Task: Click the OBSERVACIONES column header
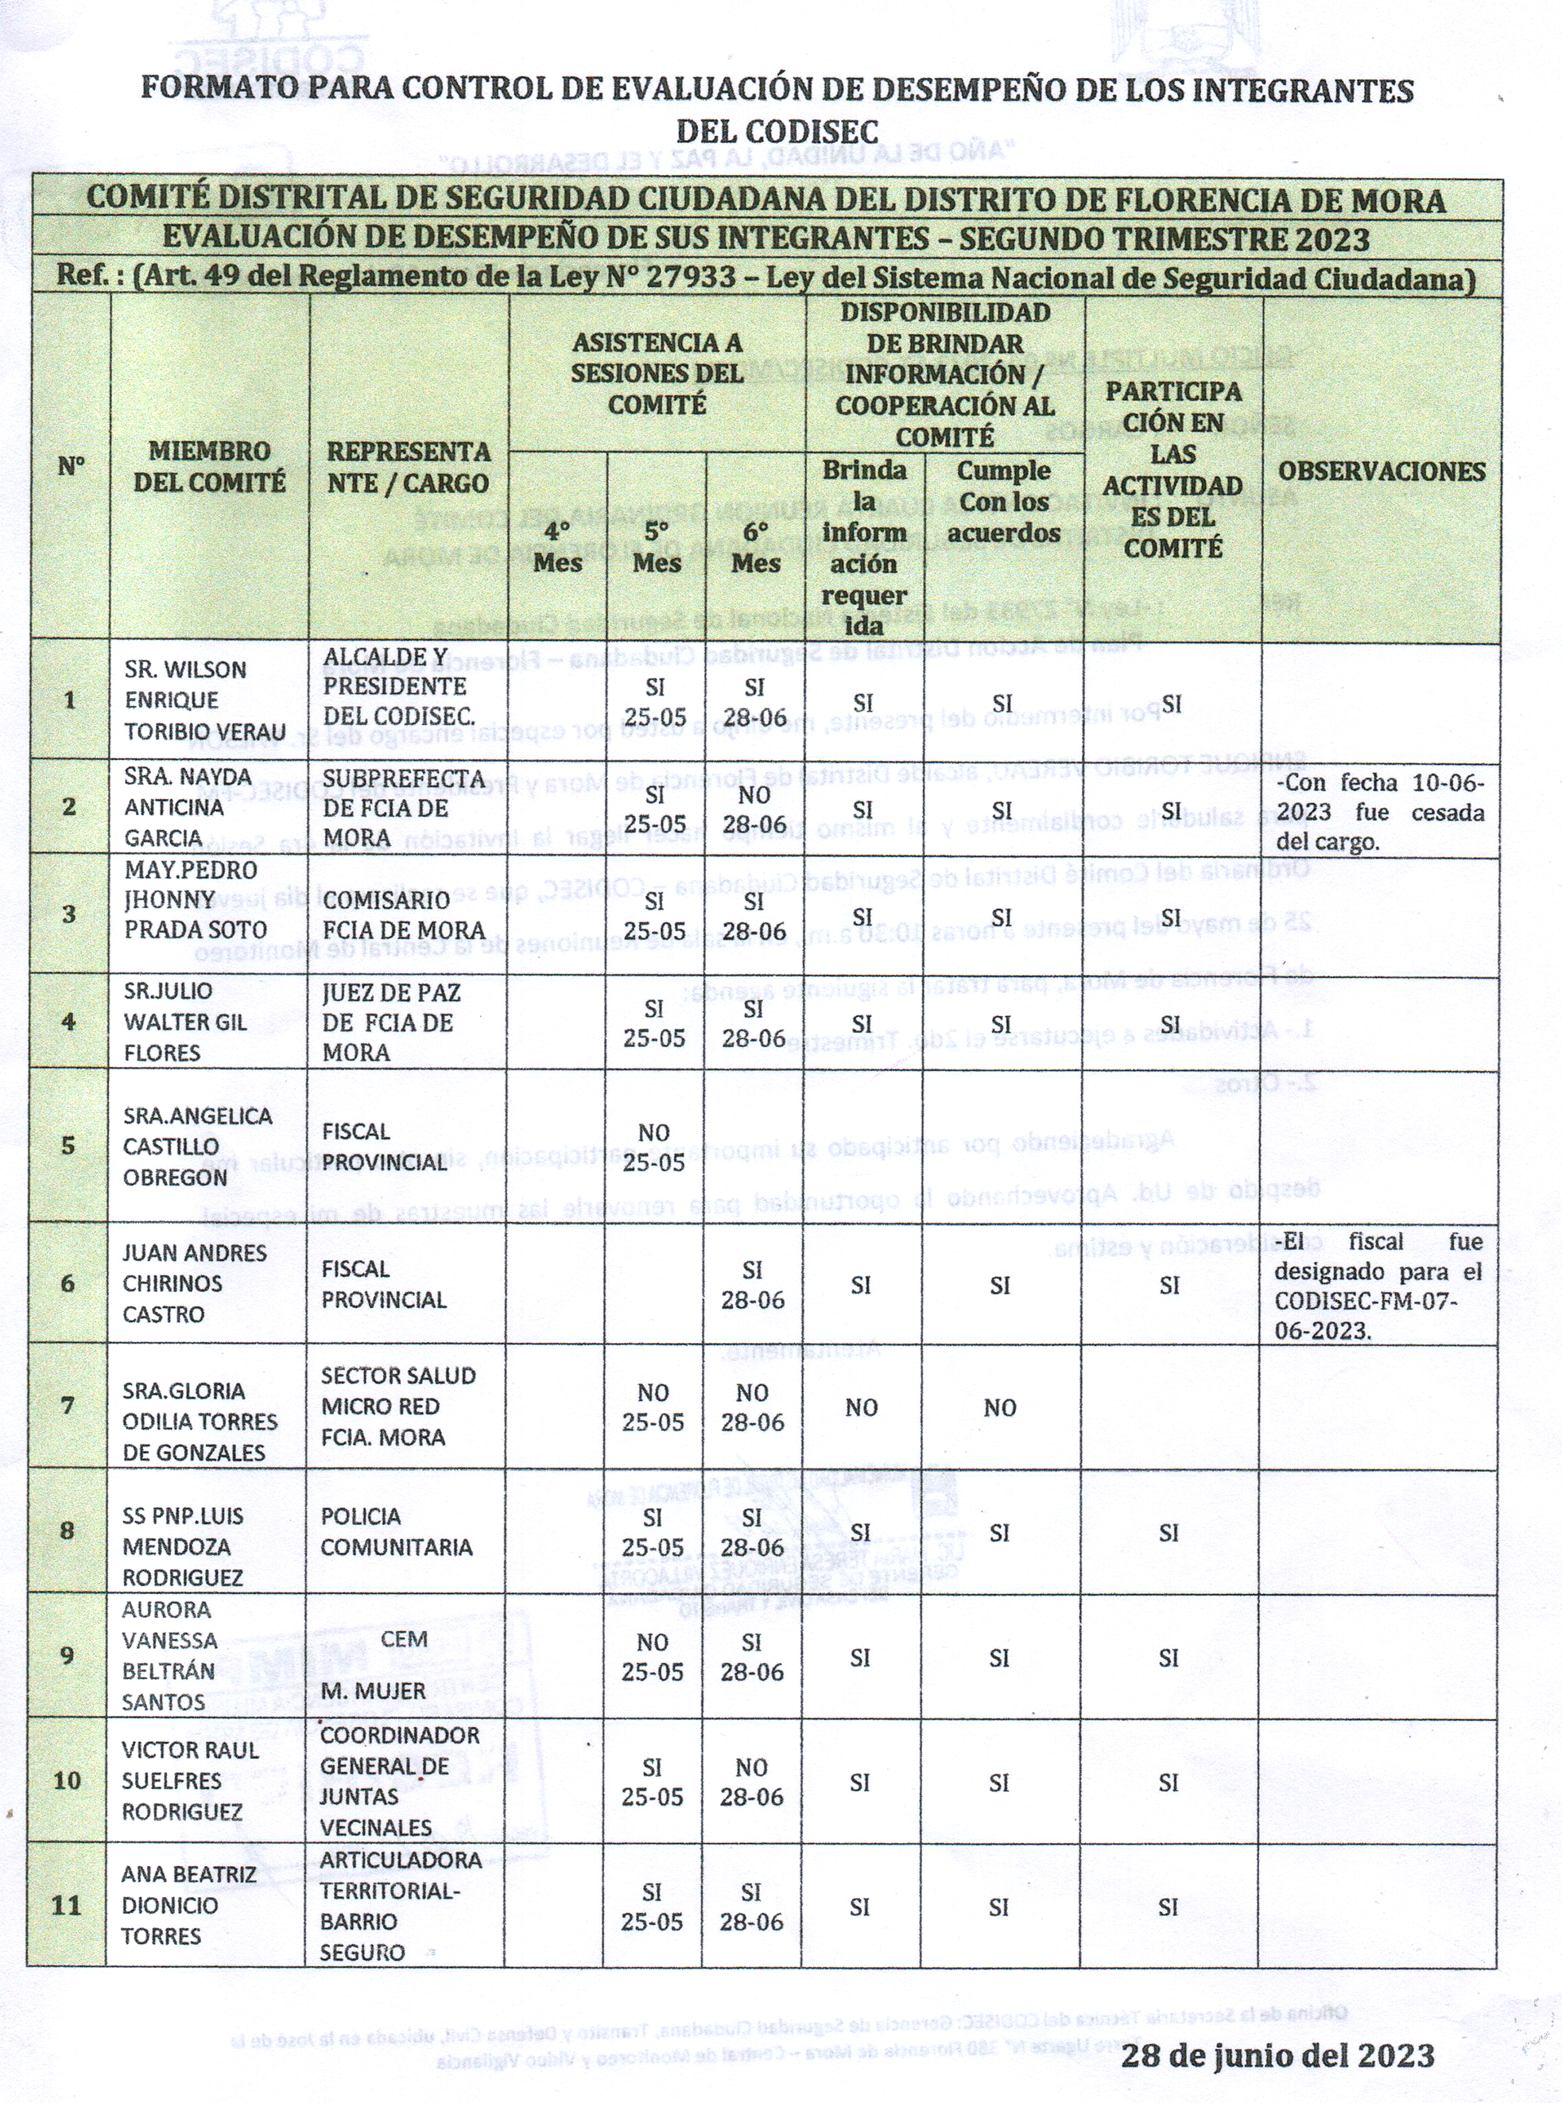point(1381,471)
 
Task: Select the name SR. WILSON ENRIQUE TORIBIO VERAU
point(204,700)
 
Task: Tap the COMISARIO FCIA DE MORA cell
point(404,915)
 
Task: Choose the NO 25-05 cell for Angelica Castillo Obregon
point(653,1147)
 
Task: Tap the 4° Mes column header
point(557,546)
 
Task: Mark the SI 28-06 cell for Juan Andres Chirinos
point(753,1285)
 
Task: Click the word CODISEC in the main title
point(777,130)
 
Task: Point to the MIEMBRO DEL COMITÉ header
point(209,468)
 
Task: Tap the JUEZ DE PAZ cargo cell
point(390,1022)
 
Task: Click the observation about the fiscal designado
point(1378,1285)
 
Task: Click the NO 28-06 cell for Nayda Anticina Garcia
point(753,809)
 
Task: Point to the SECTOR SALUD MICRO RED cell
point(397,1406)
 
